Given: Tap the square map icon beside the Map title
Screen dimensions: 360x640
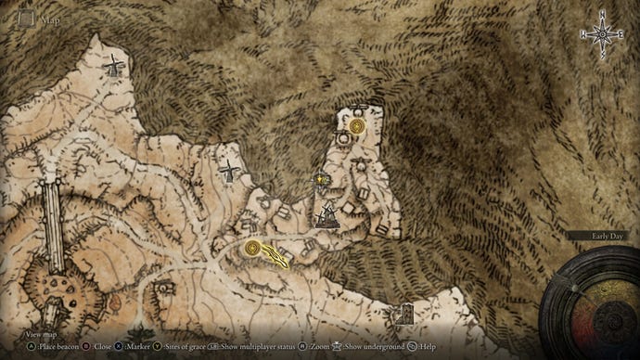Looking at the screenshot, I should pos(27,18).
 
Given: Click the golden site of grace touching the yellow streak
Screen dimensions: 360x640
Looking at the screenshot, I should pos(252,249).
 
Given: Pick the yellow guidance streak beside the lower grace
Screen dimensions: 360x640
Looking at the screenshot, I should pos(275,255).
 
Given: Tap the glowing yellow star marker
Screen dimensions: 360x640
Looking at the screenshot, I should pos(322,178).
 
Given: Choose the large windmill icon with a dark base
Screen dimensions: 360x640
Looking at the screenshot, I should pos(325,216).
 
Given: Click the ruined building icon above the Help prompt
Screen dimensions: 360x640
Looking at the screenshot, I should pos(402,315).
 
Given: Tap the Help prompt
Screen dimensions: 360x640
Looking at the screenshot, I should pos(424,346).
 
